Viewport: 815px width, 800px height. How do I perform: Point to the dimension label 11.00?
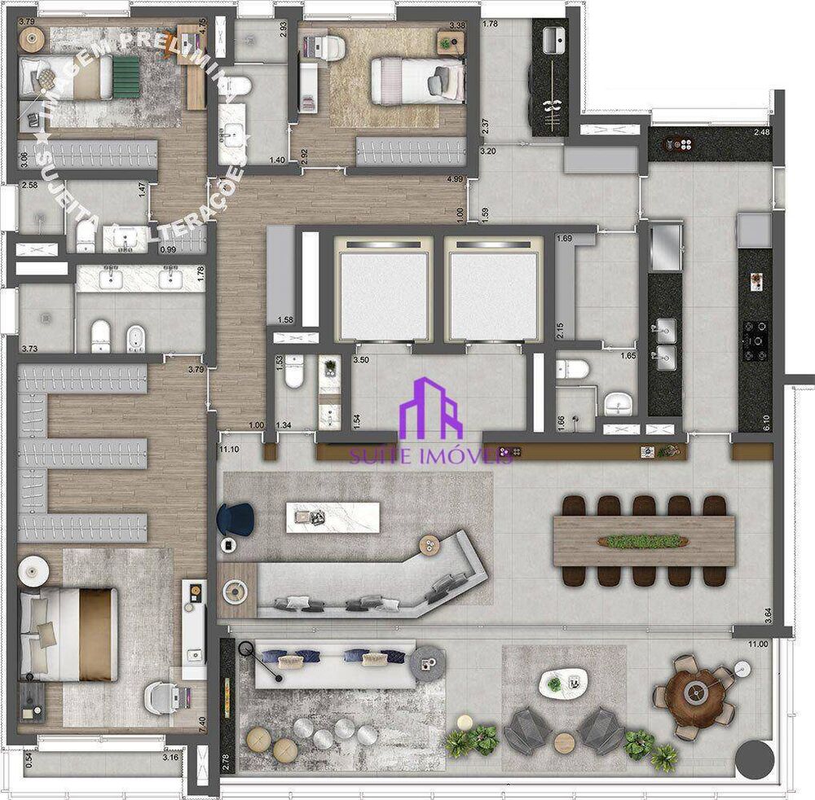pyautogui.click(x=758, y=644)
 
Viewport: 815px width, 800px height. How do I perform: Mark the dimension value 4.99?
pyautogui.click(x=455, y=179)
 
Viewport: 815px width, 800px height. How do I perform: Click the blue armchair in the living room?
pyautogui.click(x=237, y=517)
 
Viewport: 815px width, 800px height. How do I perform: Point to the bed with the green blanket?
pyautogui.click(x=78, y=80)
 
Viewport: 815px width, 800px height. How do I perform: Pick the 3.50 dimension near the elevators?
pyautogui.click(x=362, y=359)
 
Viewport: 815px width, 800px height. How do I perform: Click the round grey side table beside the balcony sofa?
pyautogui.click(x=425, y=660)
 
